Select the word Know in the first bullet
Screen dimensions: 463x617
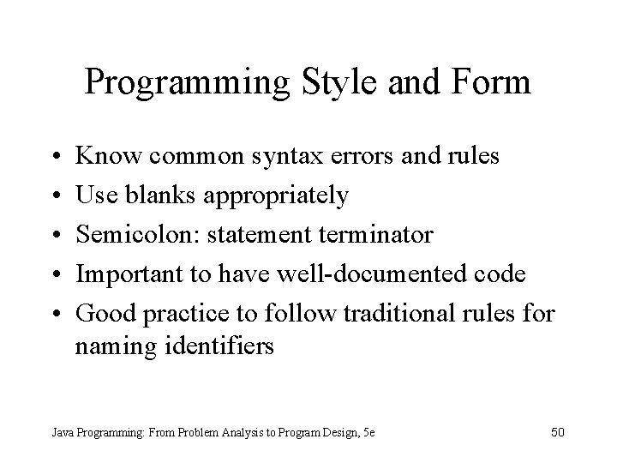(x=105, y=157)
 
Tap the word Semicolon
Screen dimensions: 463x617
(x=133, y=235)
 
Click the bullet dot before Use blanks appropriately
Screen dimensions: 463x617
(x=54, y=196)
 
